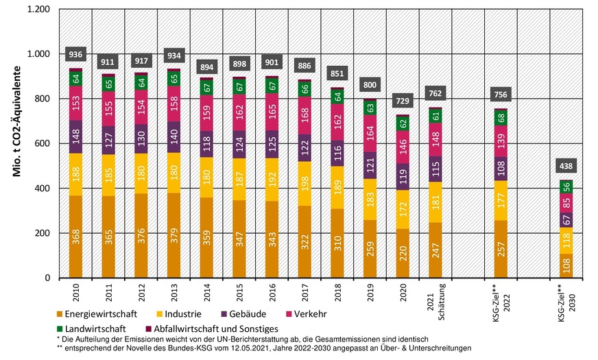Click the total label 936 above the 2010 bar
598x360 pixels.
pyautogui.click(x=75, y=55)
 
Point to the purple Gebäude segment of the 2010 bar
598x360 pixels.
pyautogui.click(x=75, y=136)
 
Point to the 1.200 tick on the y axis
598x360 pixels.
pyautogui.click(x=36, y=10)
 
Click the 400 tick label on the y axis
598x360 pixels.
pyautogui.click(x=41, y=189)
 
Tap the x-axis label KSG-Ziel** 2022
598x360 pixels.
pyautogui.click(x=501, y=296)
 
